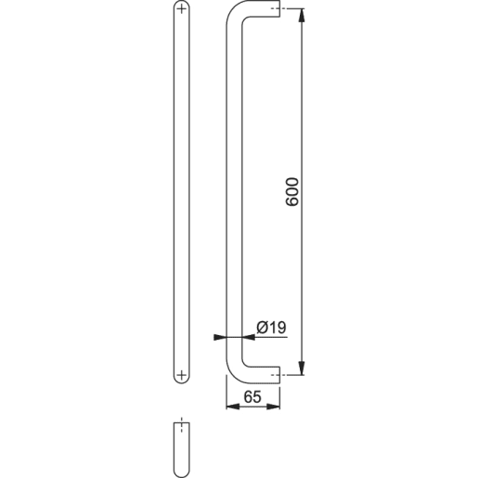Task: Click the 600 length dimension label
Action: pos(291,191)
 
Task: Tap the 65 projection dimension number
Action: pos(251,395)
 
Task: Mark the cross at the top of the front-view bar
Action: pos(181,11)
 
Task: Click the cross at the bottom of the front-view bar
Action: pos(181,374)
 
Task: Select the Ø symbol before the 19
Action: pos(262,327)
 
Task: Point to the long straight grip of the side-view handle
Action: pos(234,186)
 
